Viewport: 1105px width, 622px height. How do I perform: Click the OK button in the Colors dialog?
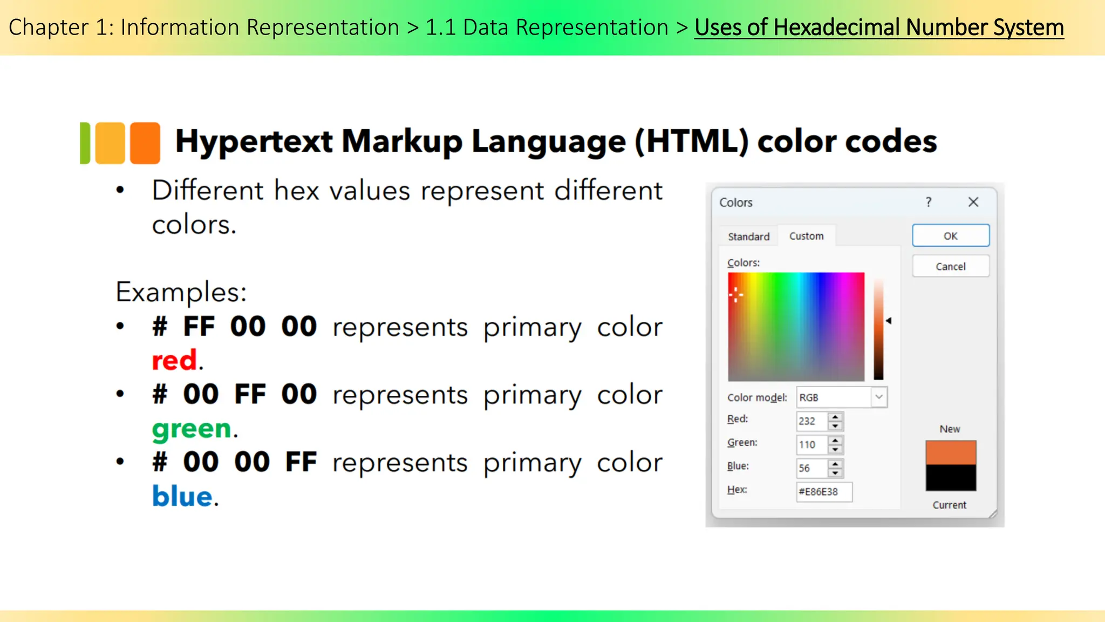pyautogui.click(x=950, y=236)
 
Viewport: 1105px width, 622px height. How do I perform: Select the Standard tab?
pyautogui.click(x=748, y=236)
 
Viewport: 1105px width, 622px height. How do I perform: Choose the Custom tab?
pyautogui.click(x=806, y=236)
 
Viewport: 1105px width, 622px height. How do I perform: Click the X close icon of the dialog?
pyautogui.click(x=973, y=202)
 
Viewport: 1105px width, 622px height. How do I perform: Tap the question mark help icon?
pyautogui.click(x=928, y=202)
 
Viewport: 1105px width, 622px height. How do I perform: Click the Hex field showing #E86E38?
pyautogui.click(x=823, y=492)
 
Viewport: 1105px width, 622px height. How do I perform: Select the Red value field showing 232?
pyautogui.click(x=811, y=421)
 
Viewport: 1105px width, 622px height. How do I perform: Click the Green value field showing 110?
pyautogui.click(x=811, y=445)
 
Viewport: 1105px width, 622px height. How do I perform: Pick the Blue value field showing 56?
pyautogui.click(x=811, y=468)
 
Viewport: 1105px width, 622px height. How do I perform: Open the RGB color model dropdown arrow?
pyautogui.click(x=879, y=397)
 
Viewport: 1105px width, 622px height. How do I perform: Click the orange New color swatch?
pyautogui.click(x=950, y=452)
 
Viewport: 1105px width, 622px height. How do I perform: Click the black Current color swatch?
pyautogui.click(x=950, y=478)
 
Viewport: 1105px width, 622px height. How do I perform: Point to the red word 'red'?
pyautogui.click(x=174, y=361)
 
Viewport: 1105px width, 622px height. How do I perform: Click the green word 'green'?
pyautogui.click(x=192, y=429)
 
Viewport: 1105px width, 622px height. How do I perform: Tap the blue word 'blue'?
pyautogui.click(x=182, y=496)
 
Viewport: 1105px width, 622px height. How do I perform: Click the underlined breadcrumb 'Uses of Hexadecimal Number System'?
pyautogui.click(x=879, y=28)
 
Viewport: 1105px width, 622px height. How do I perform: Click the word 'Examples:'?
pyautogui.click(x=181, y=292)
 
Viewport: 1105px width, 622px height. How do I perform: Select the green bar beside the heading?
pyautogui.click(x=85, y=143)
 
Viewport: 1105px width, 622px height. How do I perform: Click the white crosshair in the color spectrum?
pyautogui.click(x=736, y=295)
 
